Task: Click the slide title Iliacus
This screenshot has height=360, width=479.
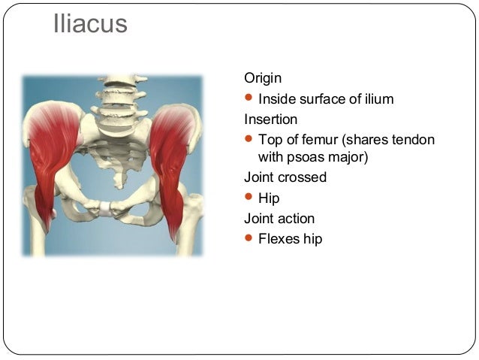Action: (91, 24)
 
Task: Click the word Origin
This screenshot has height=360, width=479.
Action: (264, 78)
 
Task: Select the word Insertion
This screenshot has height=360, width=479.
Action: (270, 119)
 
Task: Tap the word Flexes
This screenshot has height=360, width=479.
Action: (279, 240)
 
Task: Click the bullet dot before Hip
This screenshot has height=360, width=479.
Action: (249, 198)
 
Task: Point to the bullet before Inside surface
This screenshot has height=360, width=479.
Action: (249, 98)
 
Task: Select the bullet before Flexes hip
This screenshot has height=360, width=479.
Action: (249, 239)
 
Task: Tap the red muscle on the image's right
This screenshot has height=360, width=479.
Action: (172, 158)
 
